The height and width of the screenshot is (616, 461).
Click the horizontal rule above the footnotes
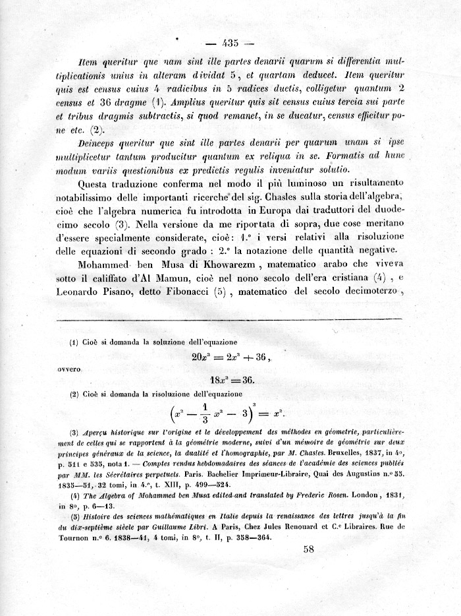pyautogui.click(x=230, y=320)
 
